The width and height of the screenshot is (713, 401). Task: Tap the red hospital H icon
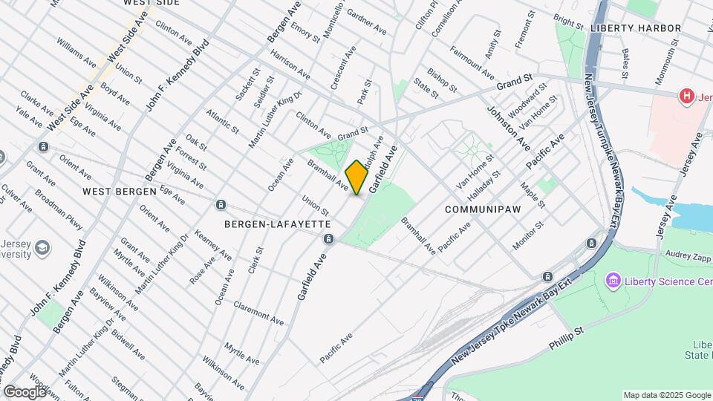click(687, 96)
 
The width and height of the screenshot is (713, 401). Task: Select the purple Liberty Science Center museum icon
click(613, 281)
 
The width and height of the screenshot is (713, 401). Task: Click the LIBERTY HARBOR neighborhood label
click(636, 28)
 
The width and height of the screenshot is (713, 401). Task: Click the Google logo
click(25, 391)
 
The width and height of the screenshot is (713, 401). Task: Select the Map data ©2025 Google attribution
click(666, 395)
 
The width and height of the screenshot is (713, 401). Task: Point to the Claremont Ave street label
click(258, 313)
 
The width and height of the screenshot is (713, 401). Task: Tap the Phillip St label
click(568, 339)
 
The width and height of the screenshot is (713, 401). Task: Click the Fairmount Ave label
click(472, 65)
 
